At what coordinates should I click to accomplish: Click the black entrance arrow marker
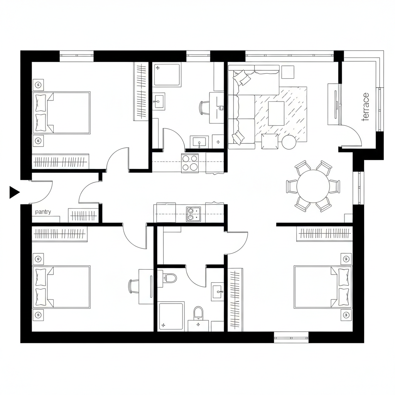click(14, 192)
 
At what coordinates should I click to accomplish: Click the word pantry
click(43, 212)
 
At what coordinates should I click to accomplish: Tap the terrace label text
click(365, 107)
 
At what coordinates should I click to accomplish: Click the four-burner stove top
click(190, 162)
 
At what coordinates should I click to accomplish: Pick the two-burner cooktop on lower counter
click(193, 214)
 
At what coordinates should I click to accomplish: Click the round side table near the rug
click(289, 142)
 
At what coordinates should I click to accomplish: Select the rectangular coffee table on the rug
click(276, 113)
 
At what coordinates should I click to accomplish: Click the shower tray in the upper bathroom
click(167, 74)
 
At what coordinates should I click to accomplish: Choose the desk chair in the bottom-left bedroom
click(134, 286)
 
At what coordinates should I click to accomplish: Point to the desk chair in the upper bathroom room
click(204, 107)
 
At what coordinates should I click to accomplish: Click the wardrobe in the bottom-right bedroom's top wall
click(324, 234)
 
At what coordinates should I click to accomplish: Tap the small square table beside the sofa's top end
click(287, 71)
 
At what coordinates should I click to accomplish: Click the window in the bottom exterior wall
click(291, 337)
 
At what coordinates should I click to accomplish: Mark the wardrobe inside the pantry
click(83, 215)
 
